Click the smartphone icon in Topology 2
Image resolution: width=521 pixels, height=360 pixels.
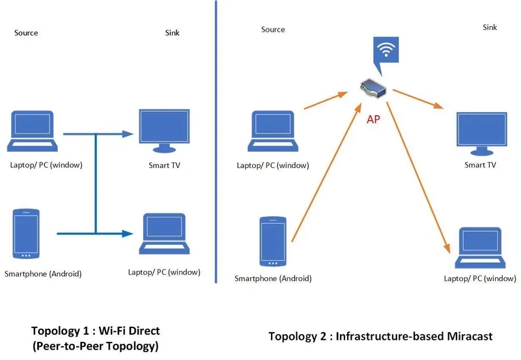[x=272, y=241]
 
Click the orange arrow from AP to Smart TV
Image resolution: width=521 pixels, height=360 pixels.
[x=419, y=96]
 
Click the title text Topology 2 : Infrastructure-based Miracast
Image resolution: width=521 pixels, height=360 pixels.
[x=380, y=336]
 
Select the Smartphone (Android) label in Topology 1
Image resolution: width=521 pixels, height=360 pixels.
[x=43, y=274]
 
